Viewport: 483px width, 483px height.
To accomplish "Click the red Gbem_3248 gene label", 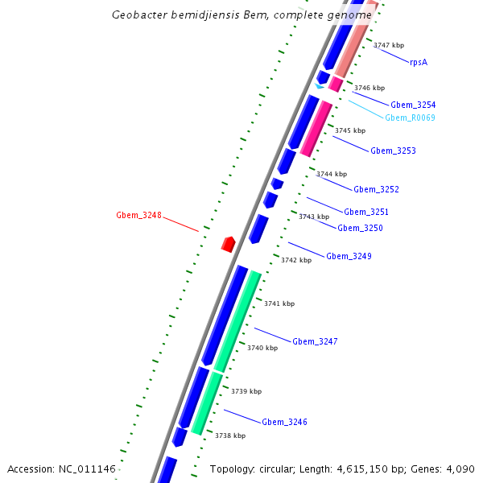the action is click(138, 216).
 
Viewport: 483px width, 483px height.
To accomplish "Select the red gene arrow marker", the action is click(229, 244).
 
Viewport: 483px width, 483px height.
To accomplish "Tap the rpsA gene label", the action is click(418, 62).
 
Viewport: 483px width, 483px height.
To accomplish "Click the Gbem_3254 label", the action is click(413, 105).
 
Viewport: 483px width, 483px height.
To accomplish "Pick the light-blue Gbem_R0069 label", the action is click(410, 118).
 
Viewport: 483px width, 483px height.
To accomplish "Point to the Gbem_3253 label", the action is click(393, 151).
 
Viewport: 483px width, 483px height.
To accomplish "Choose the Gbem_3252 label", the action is click(376, 190).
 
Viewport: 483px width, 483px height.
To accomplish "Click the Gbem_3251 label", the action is click(366, 213).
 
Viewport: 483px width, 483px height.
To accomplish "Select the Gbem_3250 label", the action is click(360, 229).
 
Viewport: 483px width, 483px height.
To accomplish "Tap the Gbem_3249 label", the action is click(349, 257).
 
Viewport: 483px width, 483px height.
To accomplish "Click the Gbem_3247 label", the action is click(315, 342).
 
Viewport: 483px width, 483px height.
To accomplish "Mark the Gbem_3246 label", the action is click(284, 423).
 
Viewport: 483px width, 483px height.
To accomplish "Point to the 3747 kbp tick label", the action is click(389, 46).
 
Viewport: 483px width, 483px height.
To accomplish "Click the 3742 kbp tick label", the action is click(296, 261).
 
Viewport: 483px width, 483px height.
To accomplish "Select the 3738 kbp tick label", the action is click(229, 436).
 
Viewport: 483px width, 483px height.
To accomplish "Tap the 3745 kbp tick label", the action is click(350, 130).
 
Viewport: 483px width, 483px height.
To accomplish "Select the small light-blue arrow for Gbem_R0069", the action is click(320, 86).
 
